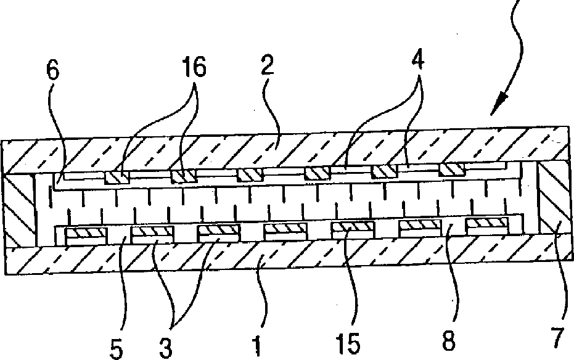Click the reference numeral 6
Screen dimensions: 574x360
(x=53, y=72)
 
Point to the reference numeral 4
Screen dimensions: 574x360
(x=417, y=60)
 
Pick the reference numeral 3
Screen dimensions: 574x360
(x=165, y=348)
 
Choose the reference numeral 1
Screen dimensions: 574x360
(x=257, y=346)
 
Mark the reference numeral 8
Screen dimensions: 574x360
(x=449, y=341)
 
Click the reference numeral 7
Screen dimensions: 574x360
(x=557, y=338)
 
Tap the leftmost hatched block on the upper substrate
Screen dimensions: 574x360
(x=117, y=178)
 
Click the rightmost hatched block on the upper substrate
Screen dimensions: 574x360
(x=452, y=170)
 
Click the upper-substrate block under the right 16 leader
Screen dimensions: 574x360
(x=184, y=176)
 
